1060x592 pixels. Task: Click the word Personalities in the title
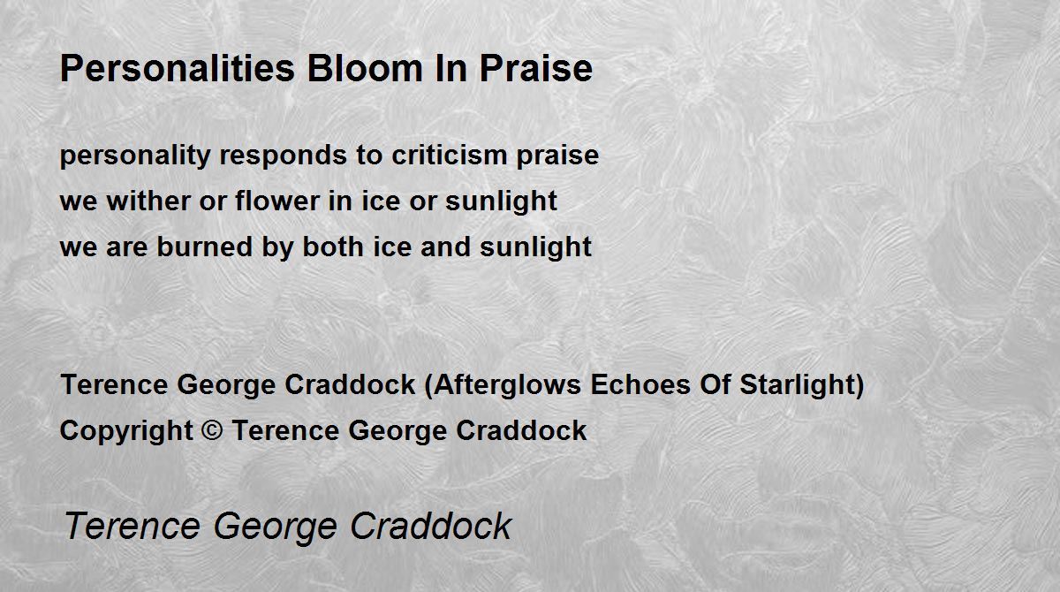tap(178, 69)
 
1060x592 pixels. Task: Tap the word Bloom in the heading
tap(364, 69)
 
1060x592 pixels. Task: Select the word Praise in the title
tap(536, 69)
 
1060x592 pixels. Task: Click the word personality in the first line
tap(135, 156)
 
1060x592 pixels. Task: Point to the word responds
tap(283, 156)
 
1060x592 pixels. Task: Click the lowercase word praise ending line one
tap(557, 156)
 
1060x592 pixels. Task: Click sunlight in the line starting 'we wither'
tap(501, 201)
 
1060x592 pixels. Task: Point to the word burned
tap(204, 247)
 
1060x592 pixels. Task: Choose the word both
tap(333, 247)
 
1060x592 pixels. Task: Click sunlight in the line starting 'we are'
tap(535, 248)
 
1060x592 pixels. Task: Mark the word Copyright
tap(126, 431)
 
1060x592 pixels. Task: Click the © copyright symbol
tap(212, 430)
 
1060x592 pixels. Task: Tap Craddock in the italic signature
tap(431, 526)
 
